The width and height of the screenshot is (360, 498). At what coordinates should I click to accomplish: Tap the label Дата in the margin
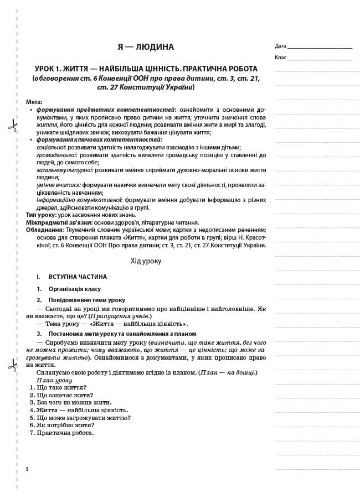coord(280,46)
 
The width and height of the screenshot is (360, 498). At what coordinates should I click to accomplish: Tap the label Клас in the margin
coord(280,58)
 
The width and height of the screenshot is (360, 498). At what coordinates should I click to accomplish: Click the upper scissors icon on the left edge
coord(12,125)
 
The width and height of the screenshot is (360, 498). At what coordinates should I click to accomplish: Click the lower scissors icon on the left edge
coord(12,364)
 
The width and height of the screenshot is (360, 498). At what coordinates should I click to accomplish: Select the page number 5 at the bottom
coord(27,469)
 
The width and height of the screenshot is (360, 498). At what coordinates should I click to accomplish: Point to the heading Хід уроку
coord(146,261)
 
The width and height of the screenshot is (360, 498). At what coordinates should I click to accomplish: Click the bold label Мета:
coord(34,102)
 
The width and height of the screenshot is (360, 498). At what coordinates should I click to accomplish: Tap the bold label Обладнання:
coord(45,230)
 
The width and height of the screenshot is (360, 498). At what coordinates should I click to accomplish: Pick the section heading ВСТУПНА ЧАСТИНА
coord(78,277)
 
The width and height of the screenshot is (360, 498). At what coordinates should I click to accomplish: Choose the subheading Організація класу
coord(74,289)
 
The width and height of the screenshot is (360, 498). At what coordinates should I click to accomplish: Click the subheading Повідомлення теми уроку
coord(86,300)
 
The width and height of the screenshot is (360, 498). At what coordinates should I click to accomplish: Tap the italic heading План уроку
coord(54,380)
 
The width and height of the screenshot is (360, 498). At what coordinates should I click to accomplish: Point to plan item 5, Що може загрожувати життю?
coord(83,418)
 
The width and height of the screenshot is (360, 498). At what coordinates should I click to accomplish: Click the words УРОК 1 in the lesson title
coord(49,69)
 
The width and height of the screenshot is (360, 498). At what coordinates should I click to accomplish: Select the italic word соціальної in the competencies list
coord(51,147)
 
